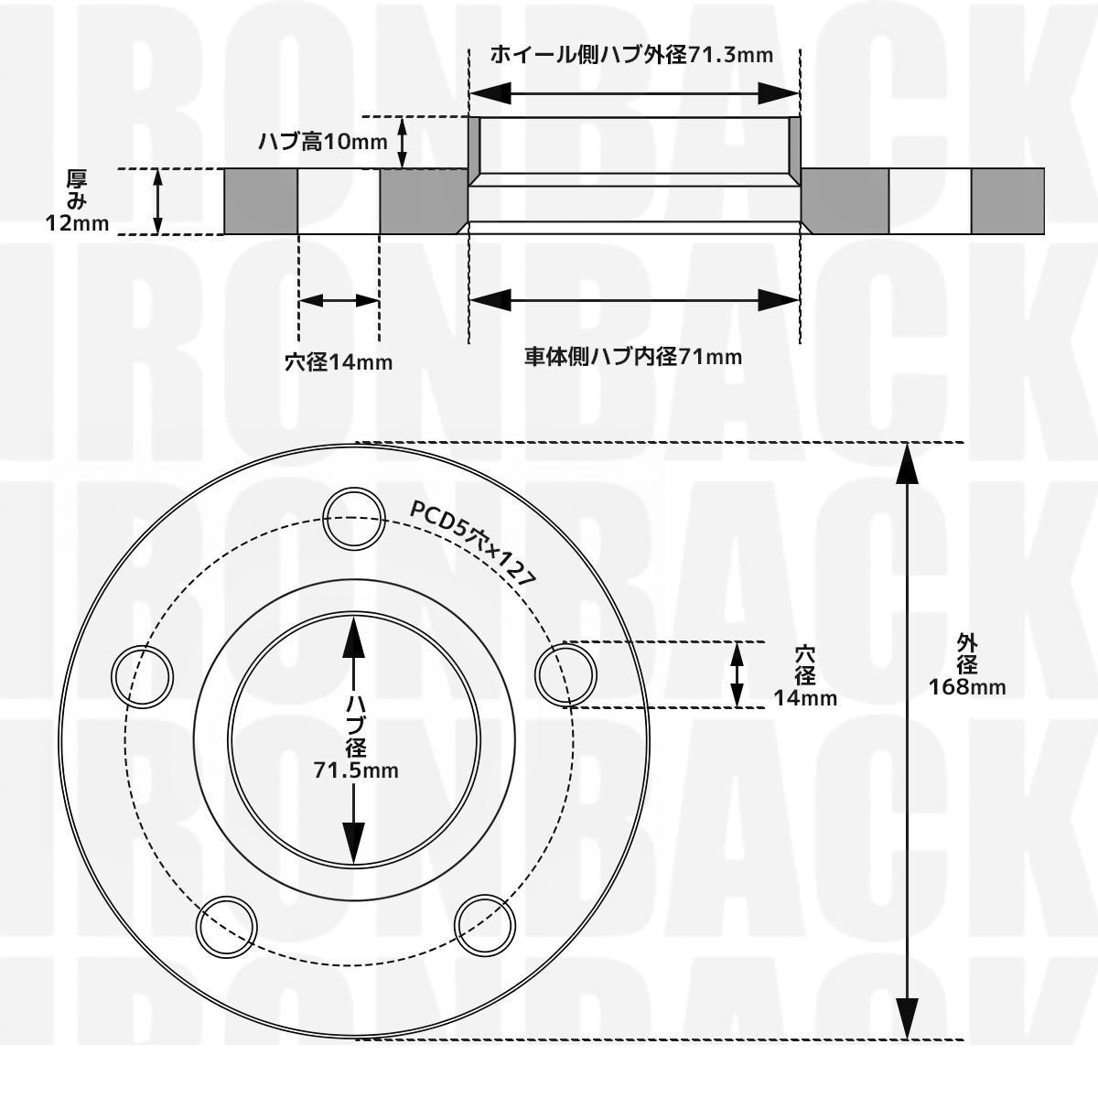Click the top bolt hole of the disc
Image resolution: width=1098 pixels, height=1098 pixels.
pos(354,518)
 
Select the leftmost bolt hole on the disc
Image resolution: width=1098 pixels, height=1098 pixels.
pos(142,675)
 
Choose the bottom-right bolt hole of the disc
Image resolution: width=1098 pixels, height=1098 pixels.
pos(483,925)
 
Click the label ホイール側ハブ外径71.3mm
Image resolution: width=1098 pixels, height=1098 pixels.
pos(631,55)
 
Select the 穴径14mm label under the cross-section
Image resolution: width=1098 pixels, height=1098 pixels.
pos(339,362)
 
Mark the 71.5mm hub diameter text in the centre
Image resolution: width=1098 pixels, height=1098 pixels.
pos(356,770)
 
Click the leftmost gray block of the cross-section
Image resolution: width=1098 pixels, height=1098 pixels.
pos(261,201)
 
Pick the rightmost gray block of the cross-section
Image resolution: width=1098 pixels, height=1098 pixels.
pos(1007,201)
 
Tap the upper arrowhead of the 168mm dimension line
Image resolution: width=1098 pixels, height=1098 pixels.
pos(906,463)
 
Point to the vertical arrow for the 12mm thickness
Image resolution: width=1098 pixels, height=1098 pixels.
pos(158,201)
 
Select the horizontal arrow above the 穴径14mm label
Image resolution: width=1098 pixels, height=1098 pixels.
pos(339,300)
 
